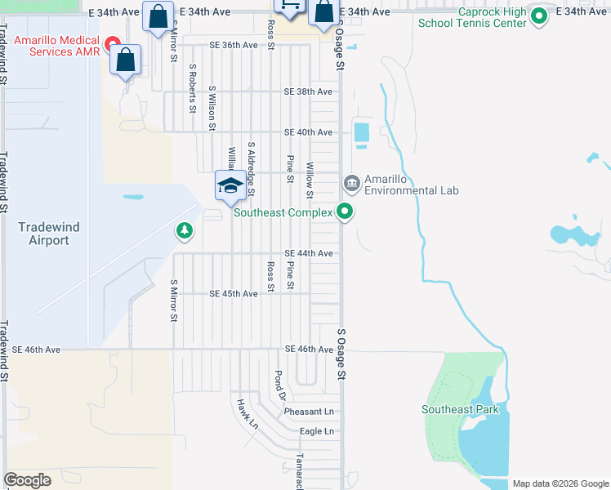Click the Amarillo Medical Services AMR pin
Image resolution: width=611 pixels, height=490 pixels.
coord(114,41)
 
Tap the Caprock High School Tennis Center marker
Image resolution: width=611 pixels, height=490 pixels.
coord(538,16)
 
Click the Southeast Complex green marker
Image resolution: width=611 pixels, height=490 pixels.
coord(346,212)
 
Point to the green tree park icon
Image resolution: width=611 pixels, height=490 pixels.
coord(185,231)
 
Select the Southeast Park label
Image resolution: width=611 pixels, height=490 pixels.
coord(460,409)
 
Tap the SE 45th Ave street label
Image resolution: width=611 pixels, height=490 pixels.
coord(234,293)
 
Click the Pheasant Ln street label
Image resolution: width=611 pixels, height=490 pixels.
coord(310,412)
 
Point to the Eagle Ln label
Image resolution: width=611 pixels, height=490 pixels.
coord(317,431)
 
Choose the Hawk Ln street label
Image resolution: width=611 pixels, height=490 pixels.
coord(247,414)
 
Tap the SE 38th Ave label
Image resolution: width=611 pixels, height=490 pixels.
coord(308,91)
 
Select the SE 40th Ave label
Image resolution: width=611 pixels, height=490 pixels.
coord(308,132)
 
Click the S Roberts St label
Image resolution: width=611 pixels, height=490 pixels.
coord(194,88)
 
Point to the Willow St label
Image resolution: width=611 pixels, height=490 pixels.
coord(310,180)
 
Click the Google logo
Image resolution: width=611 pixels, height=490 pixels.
coord(27,480)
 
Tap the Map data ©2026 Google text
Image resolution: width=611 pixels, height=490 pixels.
coord(560,483)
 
